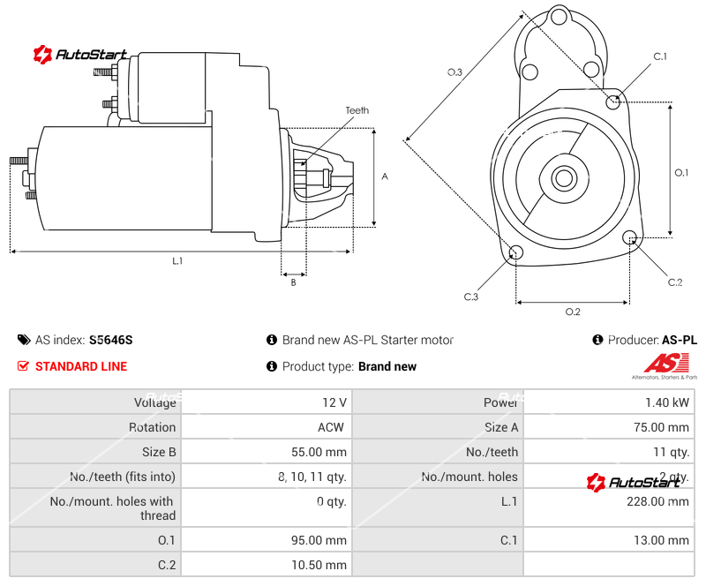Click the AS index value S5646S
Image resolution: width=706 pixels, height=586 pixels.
(110, 340)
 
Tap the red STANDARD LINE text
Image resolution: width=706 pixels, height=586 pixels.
(80, 366)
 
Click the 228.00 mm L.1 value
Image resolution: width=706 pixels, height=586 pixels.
(661, 501)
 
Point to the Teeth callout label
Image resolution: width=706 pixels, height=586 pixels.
(357, 110)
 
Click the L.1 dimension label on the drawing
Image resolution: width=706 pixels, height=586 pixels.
(177, 261)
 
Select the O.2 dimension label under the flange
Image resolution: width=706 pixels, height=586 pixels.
(572, 312)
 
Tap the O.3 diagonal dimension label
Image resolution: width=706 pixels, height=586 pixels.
(454, 72)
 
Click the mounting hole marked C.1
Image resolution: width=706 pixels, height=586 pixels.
(613, 101)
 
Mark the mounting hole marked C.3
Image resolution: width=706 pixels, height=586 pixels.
(517, 254)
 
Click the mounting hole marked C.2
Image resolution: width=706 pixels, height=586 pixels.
(630, 237)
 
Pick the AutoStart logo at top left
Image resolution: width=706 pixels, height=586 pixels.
(80, 55)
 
